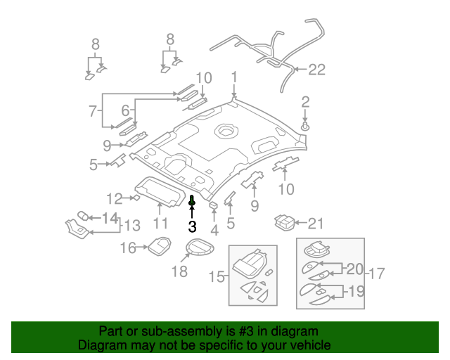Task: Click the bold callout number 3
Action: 192,226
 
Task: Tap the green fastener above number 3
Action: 192,202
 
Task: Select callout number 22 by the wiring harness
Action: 317,69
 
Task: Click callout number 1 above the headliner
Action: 234,77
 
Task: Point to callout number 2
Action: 305,103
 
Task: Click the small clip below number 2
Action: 306,126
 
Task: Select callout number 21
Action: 316,224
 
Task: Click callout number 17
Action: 377,273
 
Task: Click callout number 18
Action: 180,271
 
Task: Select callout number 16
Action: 127,247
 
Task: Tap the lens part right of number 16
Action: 158,245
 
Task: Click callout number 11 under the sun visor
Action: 160,224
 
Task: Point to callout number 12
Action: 115,198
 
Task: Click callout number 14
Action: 110,218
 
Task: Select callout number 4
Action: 214,229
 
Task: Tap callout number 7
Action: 92,110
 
